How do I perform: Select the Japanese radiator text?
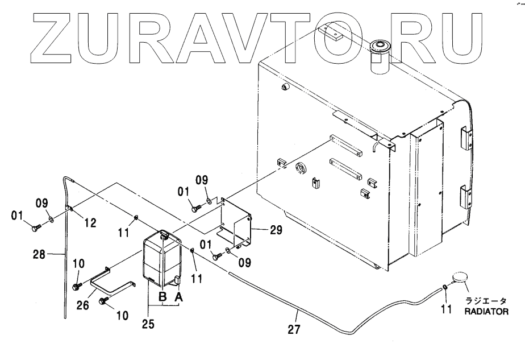488,301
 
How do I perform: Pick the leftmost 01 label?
16,216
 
